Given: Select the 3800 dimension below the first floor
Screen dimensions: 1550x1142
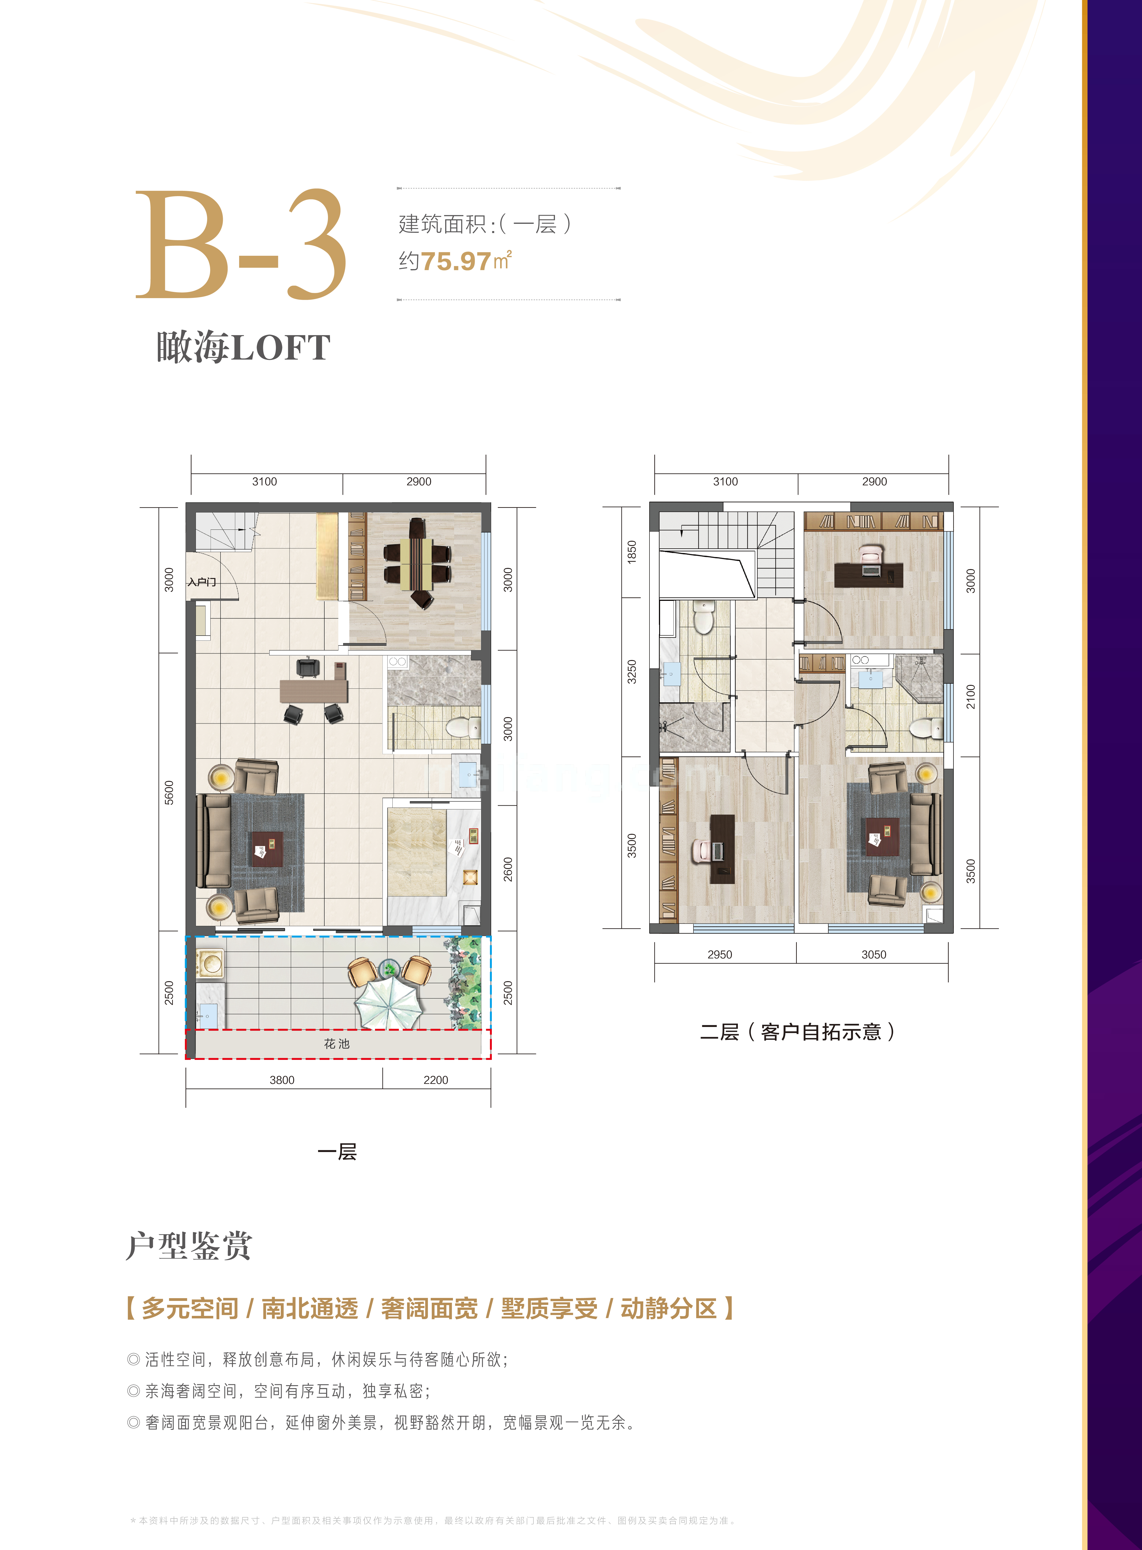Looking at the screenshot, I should [x=282, y=1080].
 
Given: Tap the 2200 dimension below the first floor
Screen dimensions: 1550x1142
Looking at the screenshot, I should [x=435, y=1080].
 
